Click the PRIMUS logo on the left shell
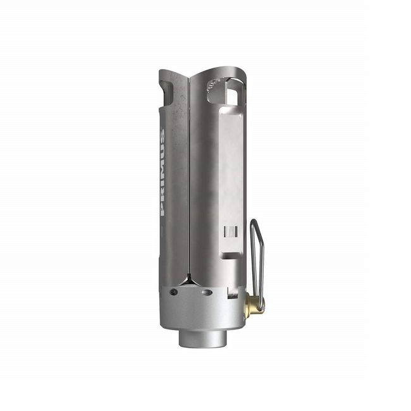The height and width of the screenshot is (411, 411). point(163,172)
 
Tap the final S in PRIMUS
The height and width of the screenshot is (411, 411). point(163,134)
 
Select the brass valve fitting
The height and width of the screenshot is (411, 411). point(255,303)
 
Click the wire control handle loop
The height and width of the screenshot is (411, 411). point(257,265)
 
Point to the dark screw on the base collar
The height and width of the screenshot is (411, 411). point(173,291)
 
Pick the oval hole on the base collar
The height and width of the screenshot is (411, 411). point(207,292)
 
